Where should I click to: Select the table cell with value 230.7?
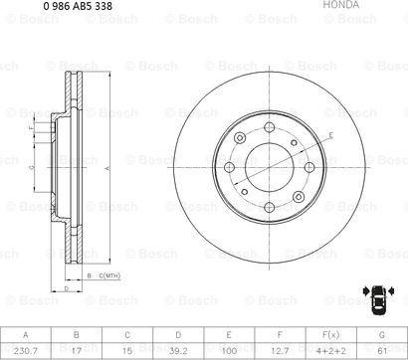[x=26, y=349]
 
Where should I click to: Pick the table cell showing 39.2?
[x=179, y=349]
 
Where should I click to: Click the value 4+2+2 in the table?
[x=330, y=349]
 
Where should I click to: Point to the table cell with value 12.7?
[x=280, y=349]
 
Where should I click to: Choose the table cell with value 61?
[x=382, y=349]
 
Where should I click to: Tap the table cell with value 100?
[x=229, y=349]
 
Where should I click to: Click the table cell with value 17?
[x=77, y=349]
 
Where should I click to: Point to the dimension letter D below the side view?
[x=66, y=286]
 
